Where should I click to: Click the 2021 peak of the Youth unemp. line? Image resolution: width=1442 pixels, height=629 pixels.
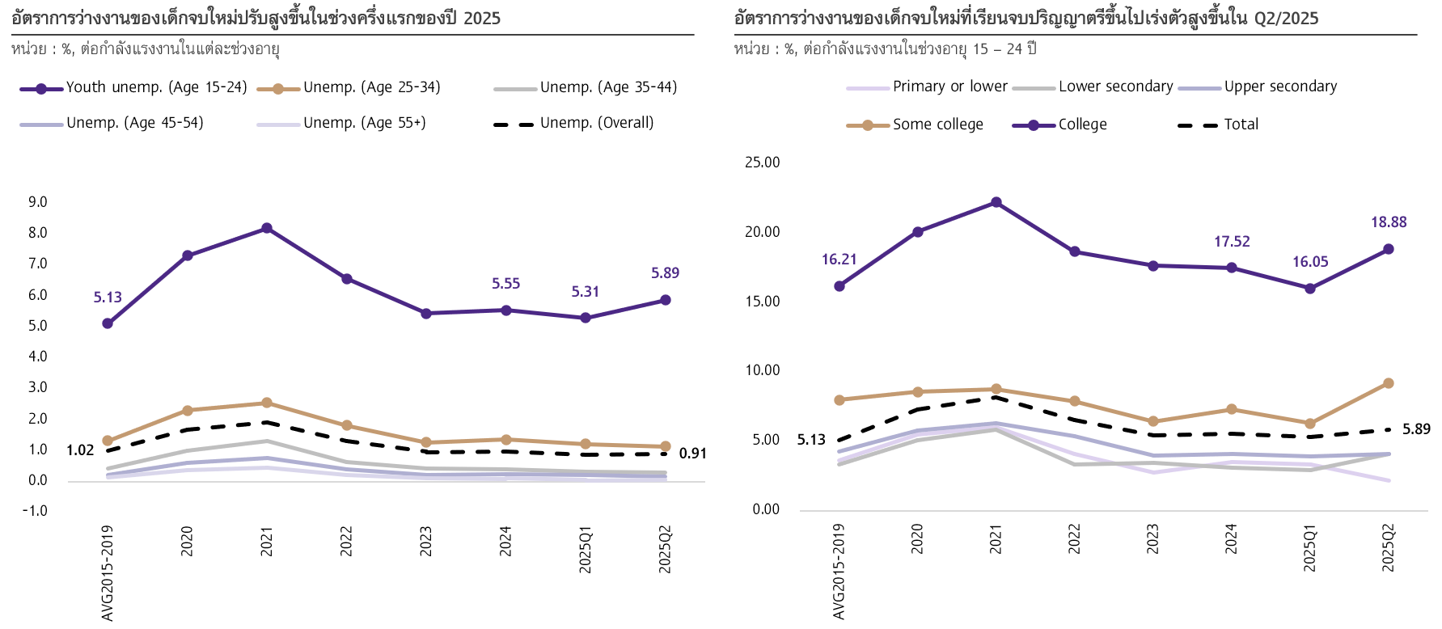[267, 229]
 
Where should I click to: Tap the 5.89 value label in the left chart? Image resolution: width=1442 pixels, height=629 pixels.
[665, 273]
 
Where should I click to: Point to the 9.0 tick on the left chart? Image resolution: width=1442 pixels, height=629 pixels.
[38, 202]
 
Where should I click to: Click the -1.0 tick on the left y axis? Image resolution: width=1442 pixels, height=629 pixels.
[36, 511]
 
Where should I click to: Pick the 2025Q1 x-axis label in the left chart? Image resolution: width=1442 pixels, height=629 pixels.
[586, 550]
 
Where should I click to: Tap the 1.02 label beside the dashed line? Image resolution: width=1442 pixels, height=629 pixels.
[80, 450]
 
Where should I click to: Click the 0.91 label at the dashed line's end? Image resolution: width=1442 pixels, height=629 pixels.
[692, 454]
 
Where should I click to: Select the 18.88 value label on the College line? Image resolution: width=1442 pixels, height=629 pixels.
[1389, 222]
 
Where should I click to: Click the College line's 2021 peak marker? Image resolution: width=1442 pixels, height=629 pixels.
[996, 203]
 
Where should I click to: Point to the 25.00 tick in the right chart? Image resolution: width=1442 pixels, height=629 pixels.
[762, 163]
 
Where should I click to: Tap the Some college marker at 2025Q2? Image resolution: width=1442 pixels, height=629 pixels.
[1389, 383]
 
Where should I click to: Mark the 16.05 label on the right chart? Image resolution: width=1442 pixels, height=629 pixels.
[1310, 262]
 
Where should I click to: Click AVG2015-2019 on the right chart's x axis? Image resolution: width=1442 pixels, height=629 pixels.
[839, 571]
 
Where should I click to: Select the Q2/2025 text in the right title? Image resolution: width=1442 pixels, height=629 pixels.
[1286, 18]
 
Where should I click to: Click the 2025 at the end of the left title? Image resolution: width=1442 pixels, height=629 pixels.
[482, 18]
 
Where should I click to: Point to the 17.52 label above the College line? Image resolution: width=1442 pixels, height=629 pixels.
[1232, 242]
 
